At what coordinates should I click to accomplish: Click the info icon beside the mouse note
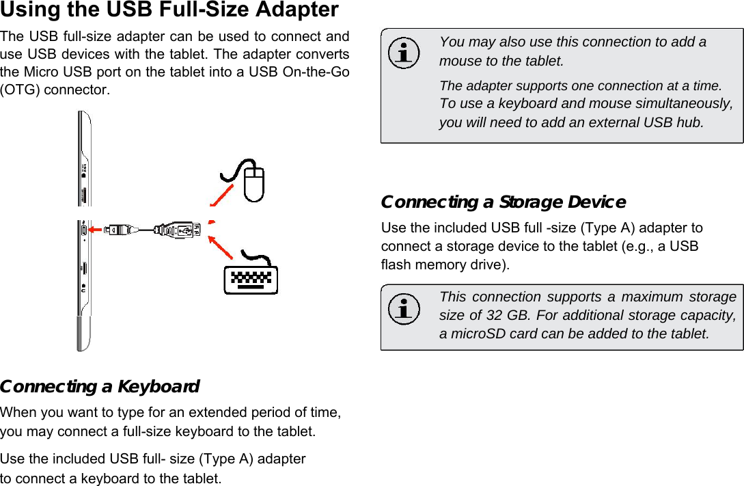click(x=404, y=54)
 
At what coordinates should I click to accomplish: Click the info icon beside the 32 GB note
click(x=404, y=309)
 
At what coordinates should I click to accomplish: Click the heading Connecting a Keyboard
click(x=100, y=387)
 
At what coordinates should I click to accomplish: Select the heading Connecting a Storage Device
click(x=503, y=202)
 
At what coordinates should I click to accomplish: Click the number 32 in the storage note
click(x=493, y=315)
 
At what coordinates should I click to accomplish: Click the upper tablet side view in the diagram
click(x=85, y=159)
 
